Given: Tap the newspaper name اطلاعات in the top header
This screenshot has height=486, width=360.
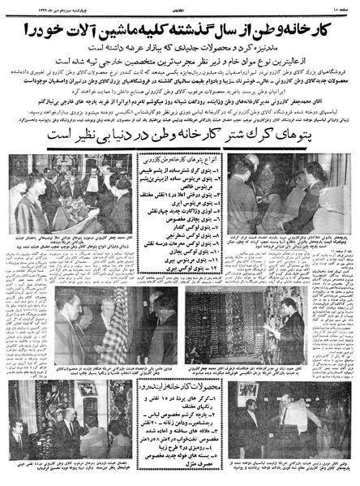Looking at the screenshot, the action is (x=183, y=5).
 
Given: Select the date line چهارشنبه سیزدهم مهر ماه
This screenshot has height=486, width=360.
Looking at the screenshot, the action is (x=36, y=5).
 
